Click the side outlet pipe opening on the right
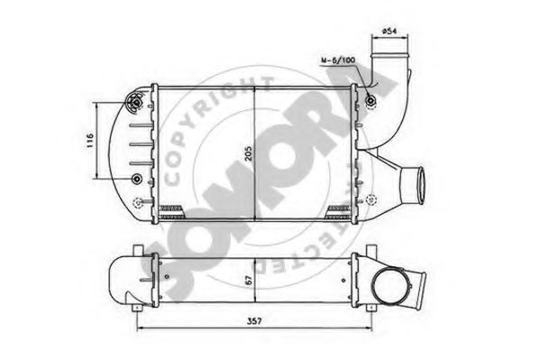(x=416, y=183)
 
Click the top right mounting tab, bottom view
(x=370, y=249)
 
